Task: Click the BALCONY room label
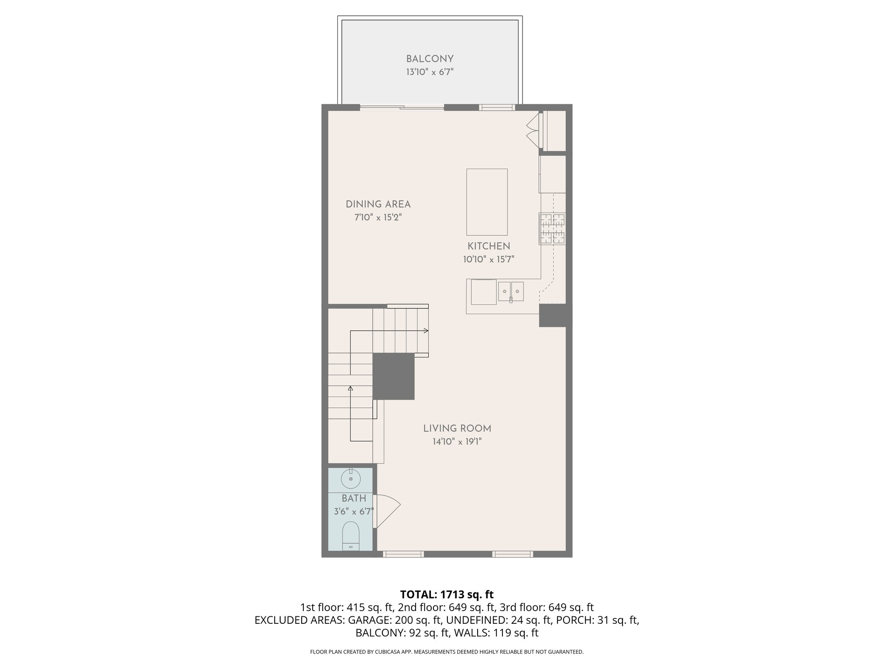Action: point(430,59)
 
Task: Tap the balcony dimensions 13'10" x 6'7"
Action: point(430,72)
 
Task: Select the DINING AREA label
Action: point(378,204)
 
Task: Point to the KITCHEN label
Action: point(488,246)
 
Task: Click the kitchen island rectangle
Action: point(487,202)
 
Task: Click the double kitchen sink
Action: point(511,291)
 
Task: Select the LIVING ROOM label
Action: point(457,429)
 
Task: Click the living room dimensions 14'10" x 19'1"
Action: point(457,442)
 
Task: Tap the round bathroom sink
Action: point(351,479)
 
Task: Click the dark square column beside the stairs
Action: point(393,376)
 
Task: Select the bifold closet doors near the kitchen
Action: point(533,130)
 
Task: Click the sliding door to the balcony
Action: point(402,107)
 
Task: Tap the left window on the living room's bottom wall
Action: point(403,554)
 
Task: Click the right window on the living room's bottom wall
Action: point(512,554)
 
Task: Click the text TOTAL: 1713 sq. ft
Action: point(447,595)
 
